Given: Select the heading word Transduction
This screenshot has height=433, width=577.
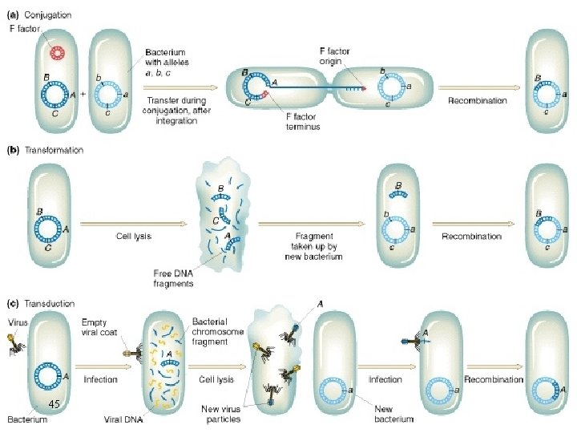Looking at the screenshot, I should click(50, 304).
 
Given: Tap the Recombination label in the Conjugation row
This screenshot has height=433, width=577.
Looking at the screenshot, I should click(478, 100).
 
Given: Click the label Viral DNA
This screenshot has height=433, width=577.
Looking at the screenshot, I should click(123, 419).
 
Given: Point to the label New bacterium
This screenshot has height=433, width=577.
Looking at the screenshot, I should click(394, 414).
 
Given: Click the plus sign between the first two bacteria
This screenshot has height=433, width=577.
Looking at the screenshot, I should click(83, 93).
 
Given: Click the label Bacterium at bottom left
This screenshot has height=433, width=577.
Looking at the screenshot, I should click(27, 419).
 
